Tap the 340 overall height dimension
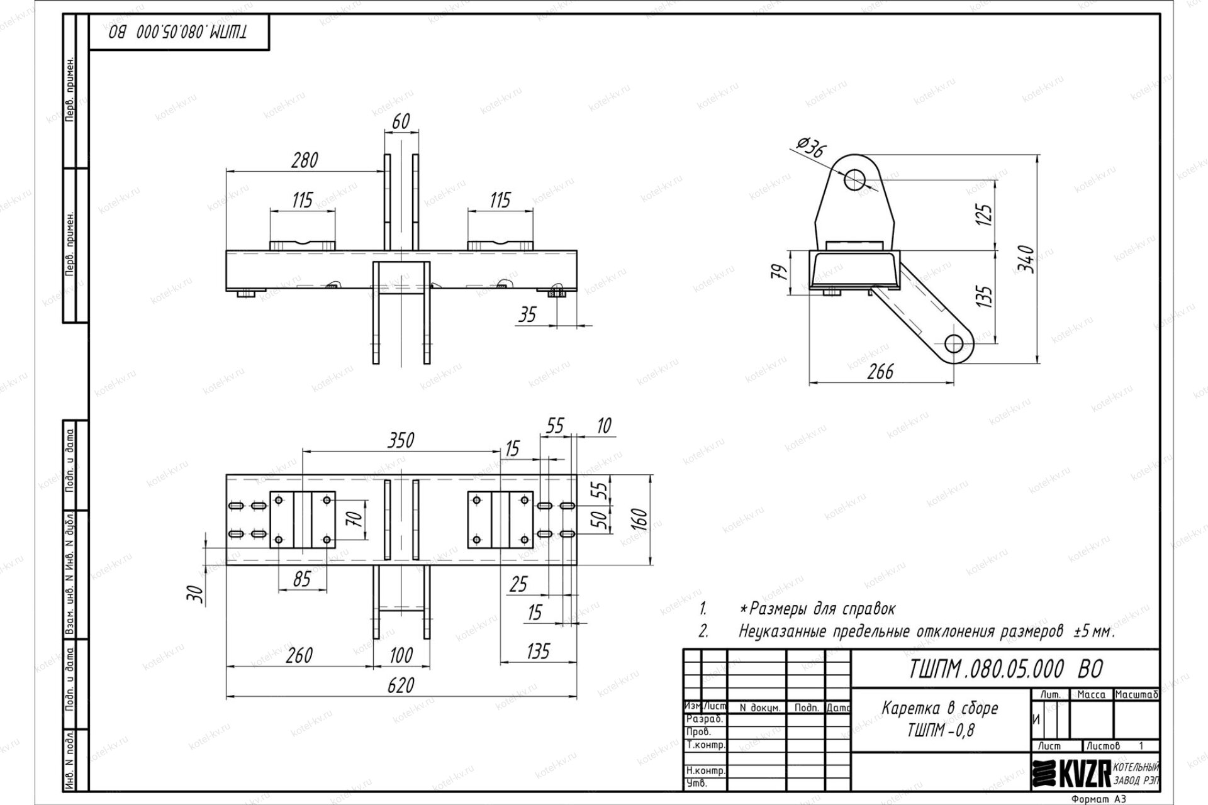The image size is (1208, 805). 1026,259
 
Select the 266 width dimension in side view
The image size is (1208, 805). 880,372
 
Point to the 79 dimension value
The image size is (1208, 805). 780,272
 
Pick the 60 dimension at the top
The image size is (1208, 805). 401,121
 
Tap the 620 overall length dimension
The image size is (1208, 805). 401,685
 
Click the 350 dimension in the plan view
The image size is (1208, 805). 401,440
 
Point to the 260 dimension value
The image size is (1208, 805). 299,655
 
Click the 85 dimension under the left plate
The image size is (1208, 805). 302,579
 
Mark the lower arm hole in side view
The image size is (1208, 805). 954,344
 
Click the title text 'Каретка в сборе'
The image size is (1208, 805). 940,708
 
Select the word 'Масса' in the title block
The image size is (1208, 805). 1091,695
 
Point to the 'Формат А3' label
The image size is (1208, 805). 1100,799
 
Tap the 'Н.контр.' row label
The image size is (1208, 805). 705,771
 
